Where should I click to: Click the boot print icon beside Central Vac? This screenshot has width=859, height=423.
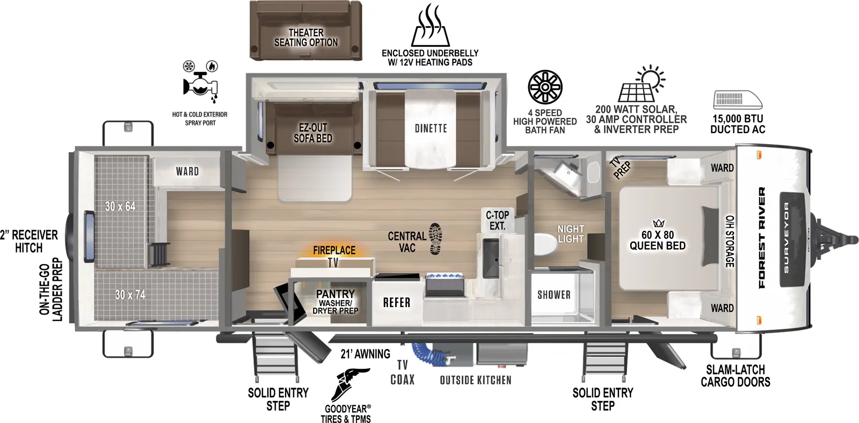[436, 239]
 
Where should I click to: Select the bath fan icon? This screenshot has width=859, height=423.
[545, 87]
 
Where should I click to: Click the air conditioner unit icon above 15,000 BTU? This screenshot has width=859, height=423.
[737, 100]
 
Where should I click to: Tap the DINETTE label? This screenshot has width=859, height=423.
[431, 128]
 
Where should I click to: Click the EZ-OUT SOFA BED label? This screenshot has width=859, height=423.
[312, 133]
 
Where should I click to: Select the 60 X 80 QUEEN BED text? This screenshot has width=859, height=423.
[657, 240]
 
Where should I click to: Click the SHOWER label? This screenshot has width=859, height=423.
[554, 295]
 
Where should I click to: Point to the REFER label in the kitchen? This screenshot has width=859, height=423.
[396, 303]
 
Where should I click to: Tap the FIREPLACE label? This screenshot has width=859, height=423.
[334, 250]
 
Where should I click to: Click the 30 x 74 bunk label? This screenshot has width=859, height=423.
[130, 295]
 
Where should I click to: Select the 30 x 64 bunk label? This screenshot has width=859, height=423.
[120, 206]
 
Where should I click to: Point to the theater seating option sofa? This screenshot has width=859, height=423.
[305, 30]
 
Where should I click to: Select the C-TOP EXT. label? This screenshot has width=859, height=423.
[497, 220]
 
